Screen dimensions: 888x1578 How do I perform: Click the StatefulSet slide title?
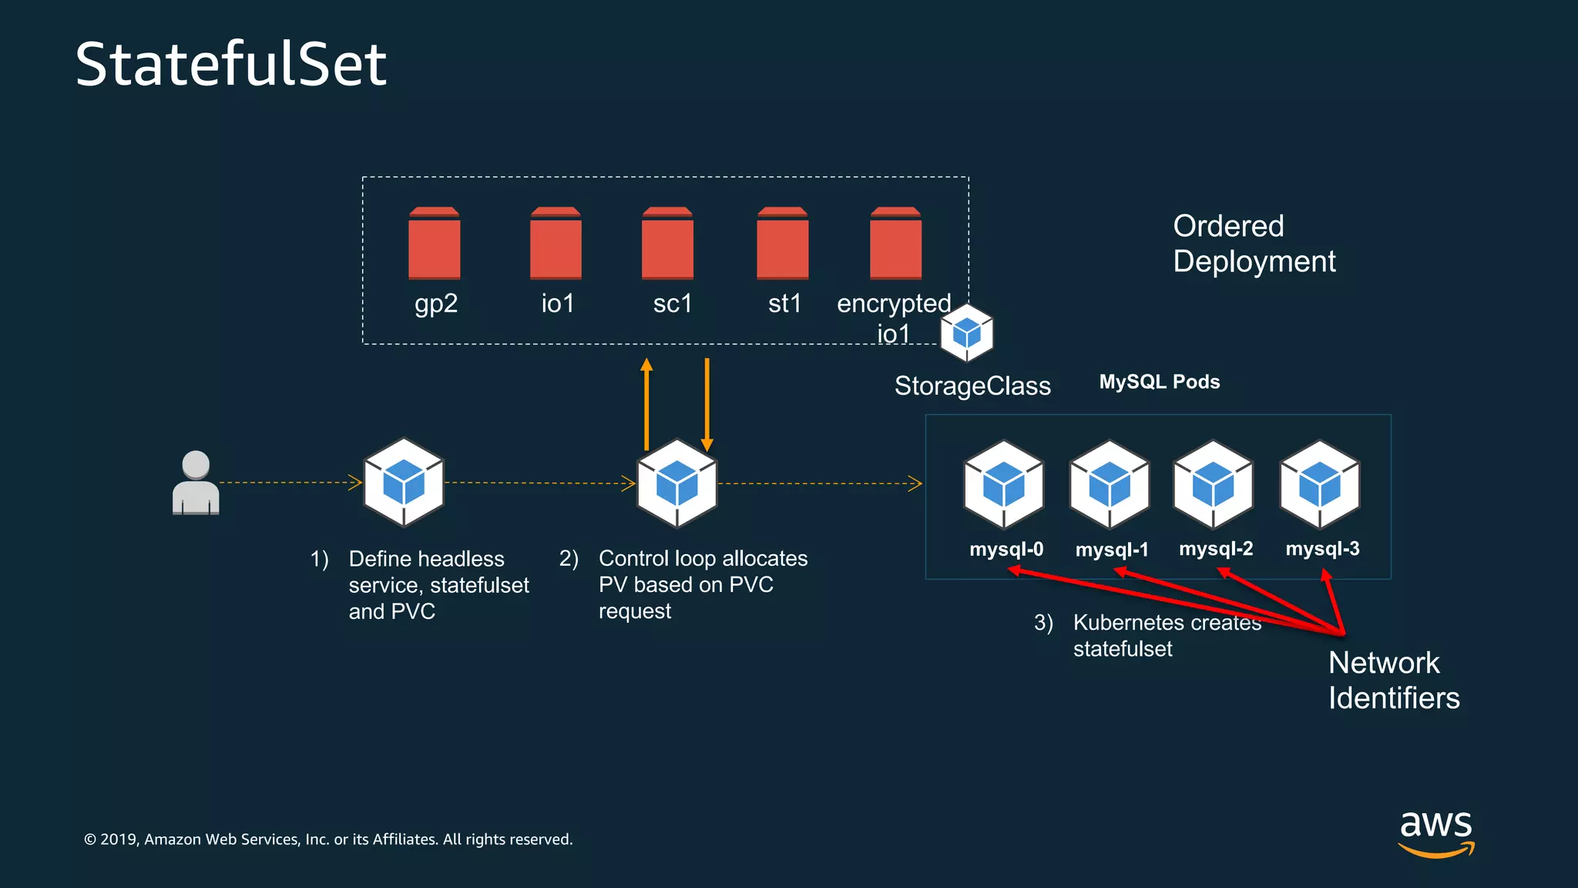[230, 64]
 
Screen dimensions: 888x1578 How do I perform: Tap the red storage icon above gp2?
[434, 243]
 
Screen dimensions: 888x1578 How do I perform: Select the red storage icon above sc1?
[667, 243]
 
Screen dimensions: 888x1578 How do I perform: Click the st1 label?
[784, 304]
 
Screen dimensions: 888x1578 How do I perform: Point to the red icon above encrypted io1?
[895, 243]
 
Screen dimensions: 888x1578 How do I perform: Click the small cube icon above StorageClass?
[966, 333]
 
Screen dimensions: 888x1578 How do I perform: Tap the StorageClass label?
[972, 385]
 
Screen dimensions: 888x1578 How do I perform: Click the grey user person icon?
[196, 483]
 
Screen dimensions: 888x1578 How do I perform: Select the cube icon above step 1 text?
[404, 483]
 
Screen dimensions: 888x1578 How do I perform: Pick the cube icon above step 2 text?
[677, 483]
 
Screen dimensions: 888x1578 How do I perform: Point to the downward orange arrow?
[707, 404]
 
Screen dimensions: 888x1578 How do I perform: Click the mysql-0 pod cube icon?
[1004, 484]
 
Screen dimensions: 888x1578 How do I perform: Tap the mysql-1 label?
[1112, 550]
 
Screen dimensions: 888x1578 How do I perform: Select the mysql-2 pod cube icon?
[1213, 484]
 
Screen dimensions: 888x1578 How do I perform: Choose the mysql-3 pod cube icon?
[1319, 484]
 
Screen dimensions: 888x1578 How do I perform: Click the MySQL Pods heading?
[1159, 382]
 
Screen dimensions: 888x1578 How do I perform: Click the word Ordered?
[1228, 227]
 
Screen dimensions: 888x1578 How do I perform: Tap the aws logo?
[1436, 832]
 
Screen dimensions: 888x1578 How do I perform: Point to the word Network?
[1384, 663]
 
